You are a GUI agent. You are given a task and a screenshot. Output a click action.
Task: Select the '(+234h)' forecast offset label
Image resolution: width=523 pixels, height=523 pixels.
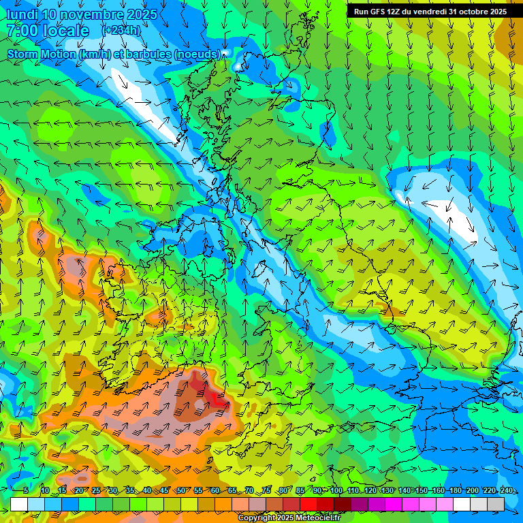[121, 30]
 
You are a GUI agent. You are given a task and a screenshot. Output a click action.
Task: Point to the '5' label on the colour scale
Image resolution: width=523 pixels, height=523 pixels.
[25, 490]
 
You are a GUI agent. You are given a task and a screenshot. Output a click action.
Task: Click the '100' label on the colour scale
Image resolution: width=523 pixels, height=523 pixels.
[336, 490]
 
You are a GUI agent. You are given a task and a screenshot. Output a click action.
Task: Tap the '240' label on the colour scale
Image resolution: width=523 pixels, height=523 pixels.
[506, 490]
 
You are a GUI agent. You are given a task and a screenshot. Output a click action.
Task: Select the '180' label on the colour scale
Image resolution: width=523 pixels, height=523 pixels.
[455, 490]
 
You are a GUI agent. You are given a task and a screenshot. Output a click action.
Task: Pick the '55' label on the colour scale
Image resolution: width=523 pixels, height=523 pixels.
[199, 490]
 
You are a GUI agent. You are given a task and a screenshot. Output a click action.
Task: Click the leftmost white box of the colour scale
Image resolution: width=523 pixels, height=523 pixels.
[19, 504]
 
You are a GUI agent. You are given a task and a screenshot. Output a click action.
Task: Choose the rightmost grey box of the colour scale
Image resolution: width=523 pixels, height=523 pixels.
[496, 504]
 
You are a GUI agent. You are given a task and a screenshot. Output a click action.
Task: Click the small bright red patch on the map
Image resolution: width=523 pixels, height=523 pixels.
[219, 399]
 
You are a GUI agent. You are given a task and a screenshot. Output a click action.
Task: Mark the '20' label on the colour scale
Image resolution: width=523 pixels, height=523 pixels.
[79, 490]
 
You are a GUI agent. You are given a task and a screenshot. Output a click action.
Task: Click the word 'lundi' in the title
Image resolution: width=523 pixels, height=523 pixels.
[22, 14]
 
